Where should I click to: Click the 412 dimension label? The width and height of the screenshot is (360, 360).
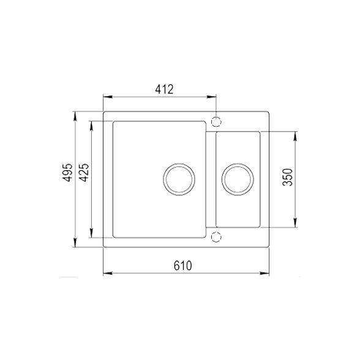[x=164, y=89]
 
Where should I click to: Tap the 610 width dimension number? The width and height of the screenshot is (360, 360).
[x=183, y=265]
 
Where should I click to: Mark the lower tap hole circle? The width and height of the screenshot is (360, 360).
[x=215, y=237]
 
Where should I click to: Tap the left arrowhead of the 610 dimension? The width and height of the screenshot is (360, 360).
[x=107, y=273]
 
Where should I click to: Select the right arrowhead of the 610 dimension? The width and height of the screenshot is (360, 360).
[x=267, y=273]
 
